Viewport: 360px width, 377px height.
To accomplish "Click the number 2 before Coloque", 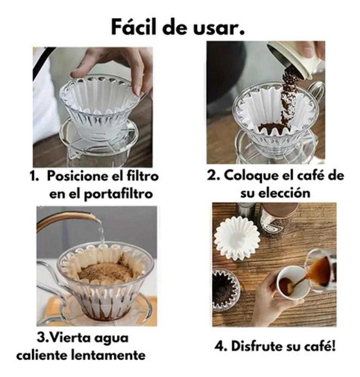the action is (212, 176).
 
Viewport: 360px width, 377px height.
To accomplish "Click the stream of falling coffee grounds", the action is (289, 94).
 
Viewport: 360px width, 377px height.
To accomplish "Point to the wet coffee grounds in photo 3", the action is (106, 272).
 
